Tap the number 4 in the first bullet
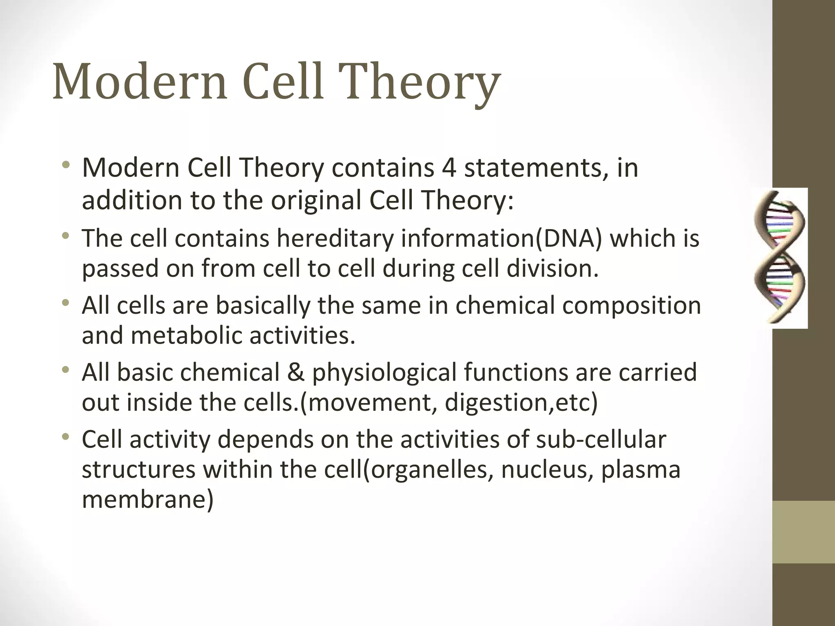[448, 168]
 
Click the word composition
[632, 305]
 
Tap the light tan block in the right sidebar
[804, 532]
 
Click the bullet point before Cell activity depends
[66, 438]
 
